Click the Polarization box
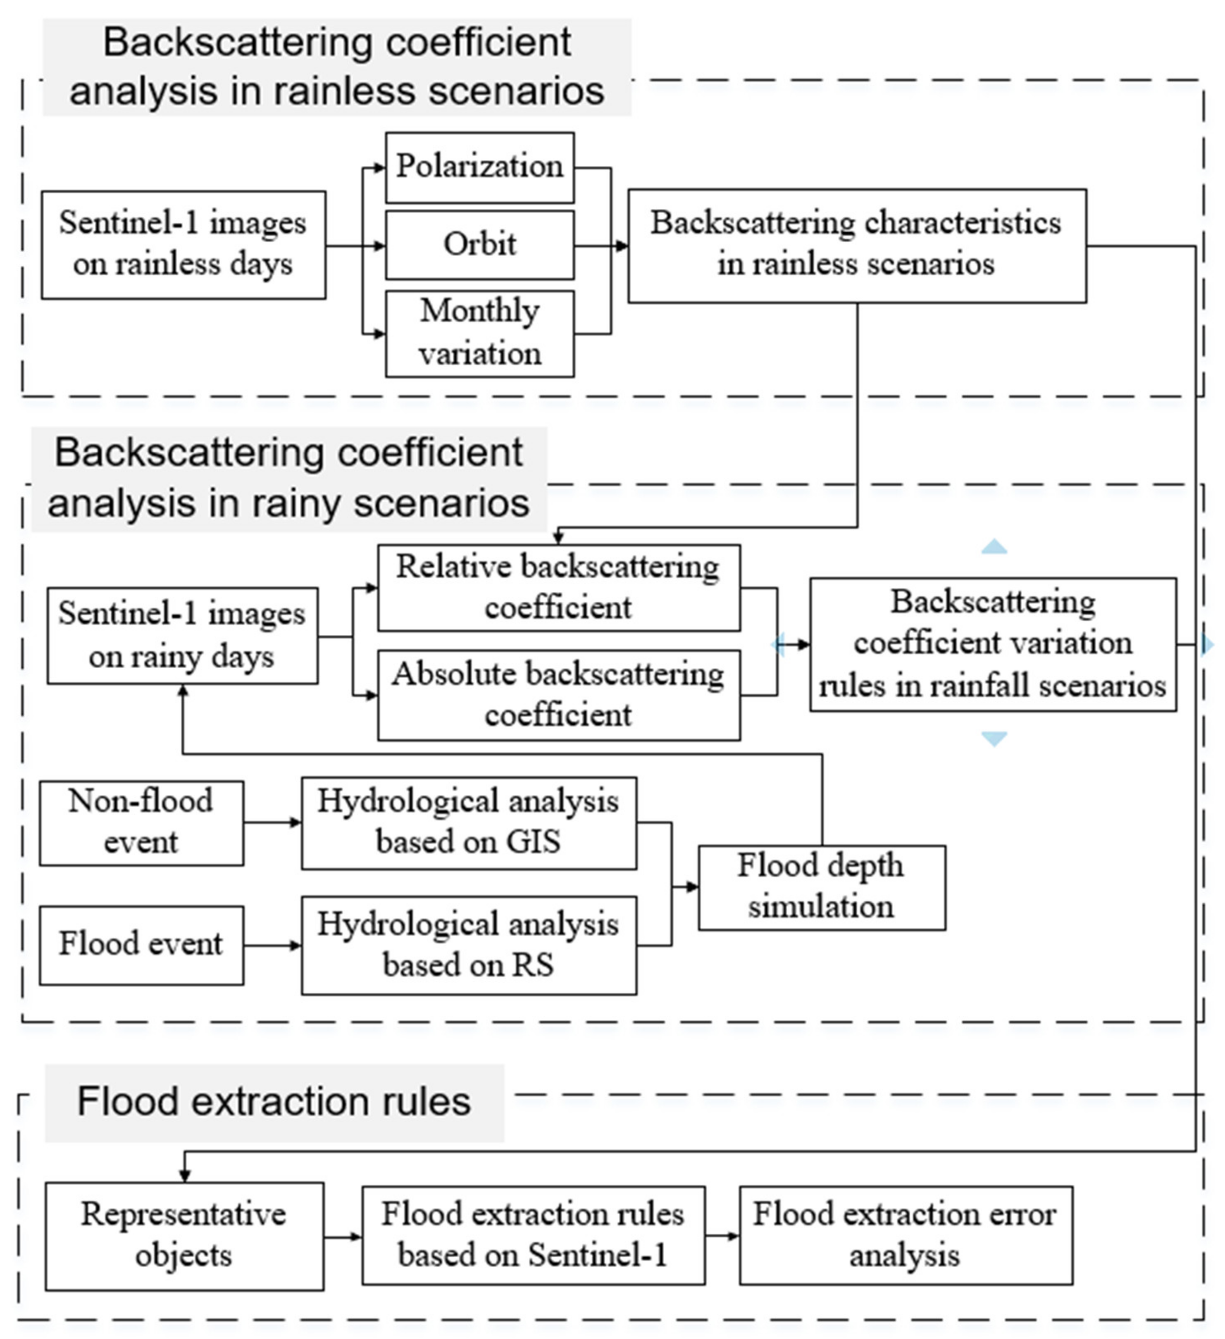coord(480,167)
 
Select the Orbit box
coord(480,244)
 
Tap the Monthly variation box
coord(480,333)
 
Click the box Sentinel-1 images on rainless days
coord(184,244)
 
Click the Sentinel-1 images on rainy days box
coord(182,635)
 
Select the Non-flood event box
coord(141,822)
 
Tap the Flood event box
coord(141,944)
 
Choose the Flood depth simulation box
coord(821,887)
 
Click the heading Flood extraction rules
coord(274,1102)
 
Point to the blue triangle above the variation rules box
coord(994,547)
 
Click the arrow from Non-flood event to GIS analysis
coord(272,822)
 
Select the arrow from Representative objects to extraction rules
coord(343,1236)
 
